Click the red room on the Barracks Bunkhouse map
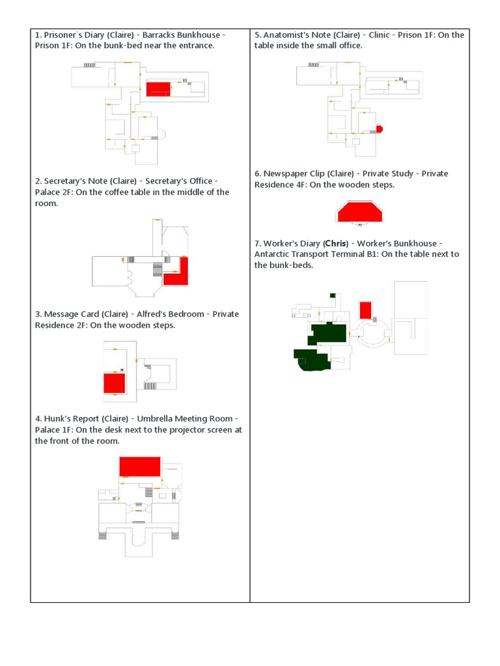(158, 89)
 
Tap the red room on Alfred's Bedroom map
(114, 383)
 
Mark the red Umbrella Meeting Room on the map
(139, 466)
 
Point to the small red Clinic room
(379, 129)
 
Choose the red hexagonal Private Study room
(359, 212)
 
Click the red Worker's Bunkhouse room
(365, 310)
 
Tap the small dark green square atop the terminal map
(333, 295)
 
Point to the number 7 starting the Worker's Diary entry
(257, 243)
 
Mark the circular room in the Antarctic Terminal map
(371, 332)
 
